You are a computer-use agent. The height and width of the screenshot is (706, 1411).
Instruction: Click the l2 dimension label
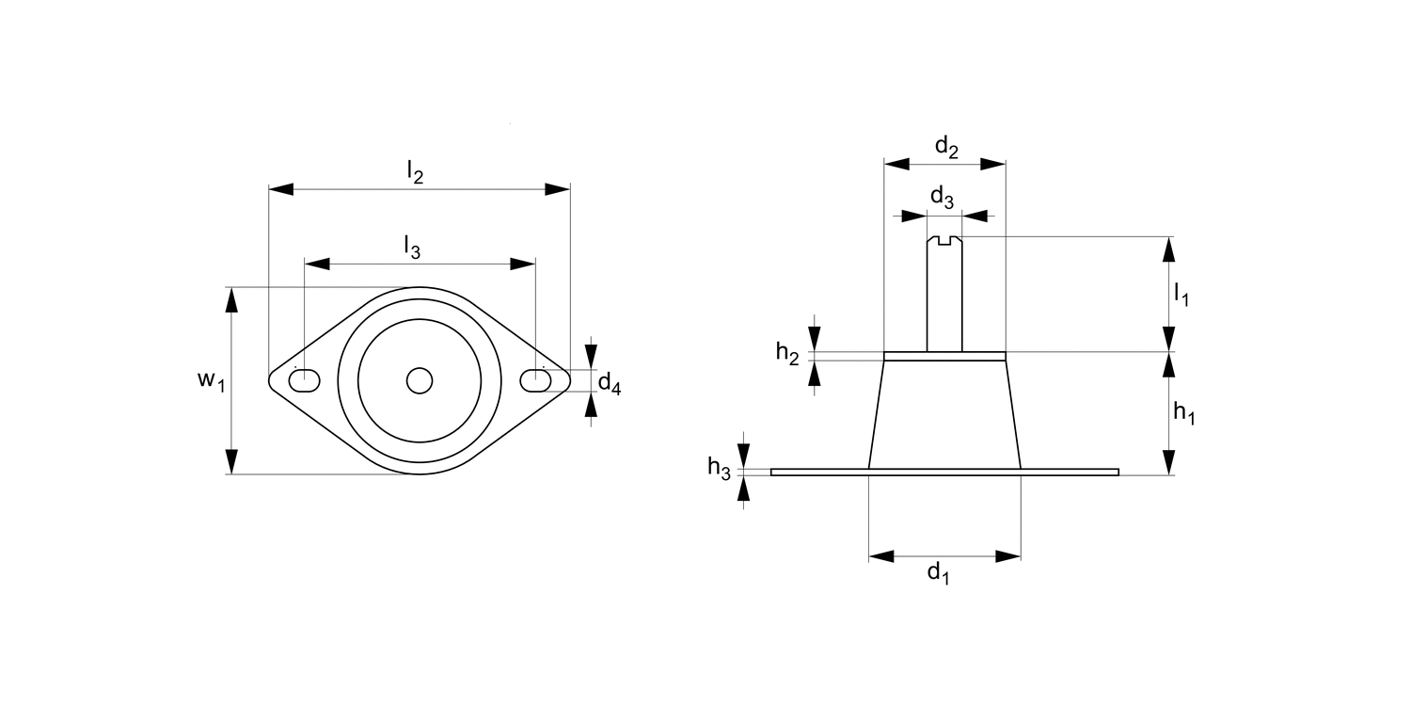click(x=416, y=172)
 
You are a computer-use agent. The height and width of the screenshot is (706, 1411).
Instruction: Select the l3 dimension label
click(x=412, y=247)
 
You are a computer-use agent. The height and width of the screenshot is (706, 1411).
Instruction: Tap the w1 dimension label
click(x=211, y=380)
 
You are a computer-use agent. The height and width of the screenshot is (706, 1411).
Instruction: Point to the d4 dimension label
click(x=610, y=383)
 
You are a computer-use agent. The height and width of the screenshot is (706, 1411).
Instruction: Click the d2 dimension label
click(x=946, y=147)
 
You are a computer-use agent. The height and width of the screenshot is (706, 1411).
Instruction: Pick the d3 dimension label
click(x=942, y=198)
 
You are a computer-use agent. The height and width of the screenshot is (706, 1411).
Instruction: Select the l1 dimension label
click(x=1181, y=296)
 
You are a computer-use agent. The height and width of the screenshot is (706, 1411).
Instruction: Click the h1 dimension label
click(x=1183, y=412)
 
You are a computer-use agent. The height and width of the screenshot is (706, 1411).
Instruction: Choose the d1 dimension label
click(x=939, y=572)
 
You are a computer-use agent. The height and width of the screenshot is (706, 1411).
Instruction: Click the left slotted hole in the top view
click(x=304, y=380)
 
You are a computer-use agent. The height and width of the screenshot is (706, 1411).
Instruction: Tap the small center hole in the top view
click(x=420, y=380)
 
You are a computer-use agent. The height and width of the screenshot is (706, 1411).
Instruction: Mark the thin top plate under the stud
click(x=945, y=356)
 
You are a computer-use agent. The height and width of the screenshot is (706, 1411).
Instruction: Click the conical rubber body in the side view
click(x=945, y=414)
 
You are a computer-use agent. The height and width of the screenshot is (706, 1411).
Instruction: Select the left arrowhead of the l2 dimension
click(x=281, y=189)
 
